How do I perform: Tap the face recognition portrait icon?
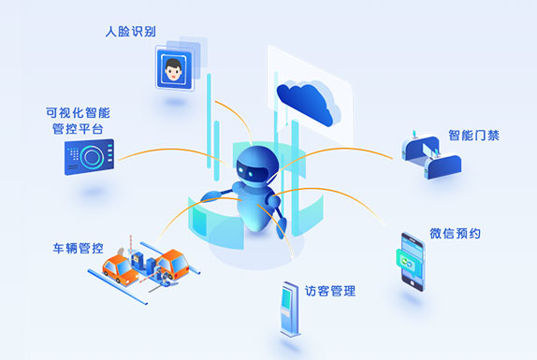pos(174,68)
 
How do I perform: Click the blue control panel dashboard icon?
pos(89,157)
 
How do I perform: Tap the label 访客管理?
pos(330,291)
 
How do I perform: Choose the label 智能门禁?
pos(473,135)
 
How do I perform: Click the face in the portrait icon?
pos(173,66)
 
